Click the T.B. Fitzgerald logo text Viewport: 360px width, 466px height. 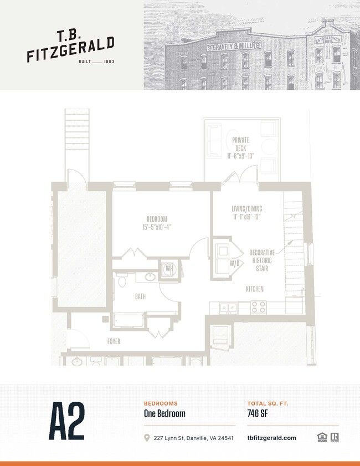click(x=70, y=47)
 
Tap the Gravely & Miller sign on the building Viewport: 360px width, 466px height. click(x=234, y=47)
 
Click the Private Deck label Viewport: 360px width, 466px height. click(x=240, y=148)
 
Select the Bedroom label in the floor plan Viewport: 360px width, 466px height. click(x=156, y=223)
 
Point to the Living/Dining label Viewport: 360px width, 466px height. click(x=246, y=213)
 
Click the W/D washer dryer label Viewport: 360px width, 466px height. click(x=235, y=263)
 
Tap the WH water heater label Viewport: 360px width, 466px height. click(x=168, y=269)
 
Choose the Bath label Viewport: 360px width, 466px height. click(x=141, y=297)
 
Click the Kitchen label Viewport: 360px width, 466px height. click(x=255, y=289)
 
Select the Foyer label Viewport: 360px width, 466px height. click(x=114, y=341)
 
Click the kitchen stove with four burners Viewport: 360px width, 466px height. click(x=258, y=306)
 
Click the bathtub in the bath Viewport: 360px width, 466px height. click(x=128, y=320)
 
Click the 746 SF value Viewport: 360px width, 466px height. click(x=259, y=413)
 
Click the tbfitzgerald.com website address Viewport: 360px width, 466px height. click(x=271, y=438)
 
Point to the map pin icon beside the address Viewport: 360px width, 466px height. click(x=147, y=438)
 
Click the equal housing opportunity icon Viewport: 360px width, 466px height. click(x=321, y=438)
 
